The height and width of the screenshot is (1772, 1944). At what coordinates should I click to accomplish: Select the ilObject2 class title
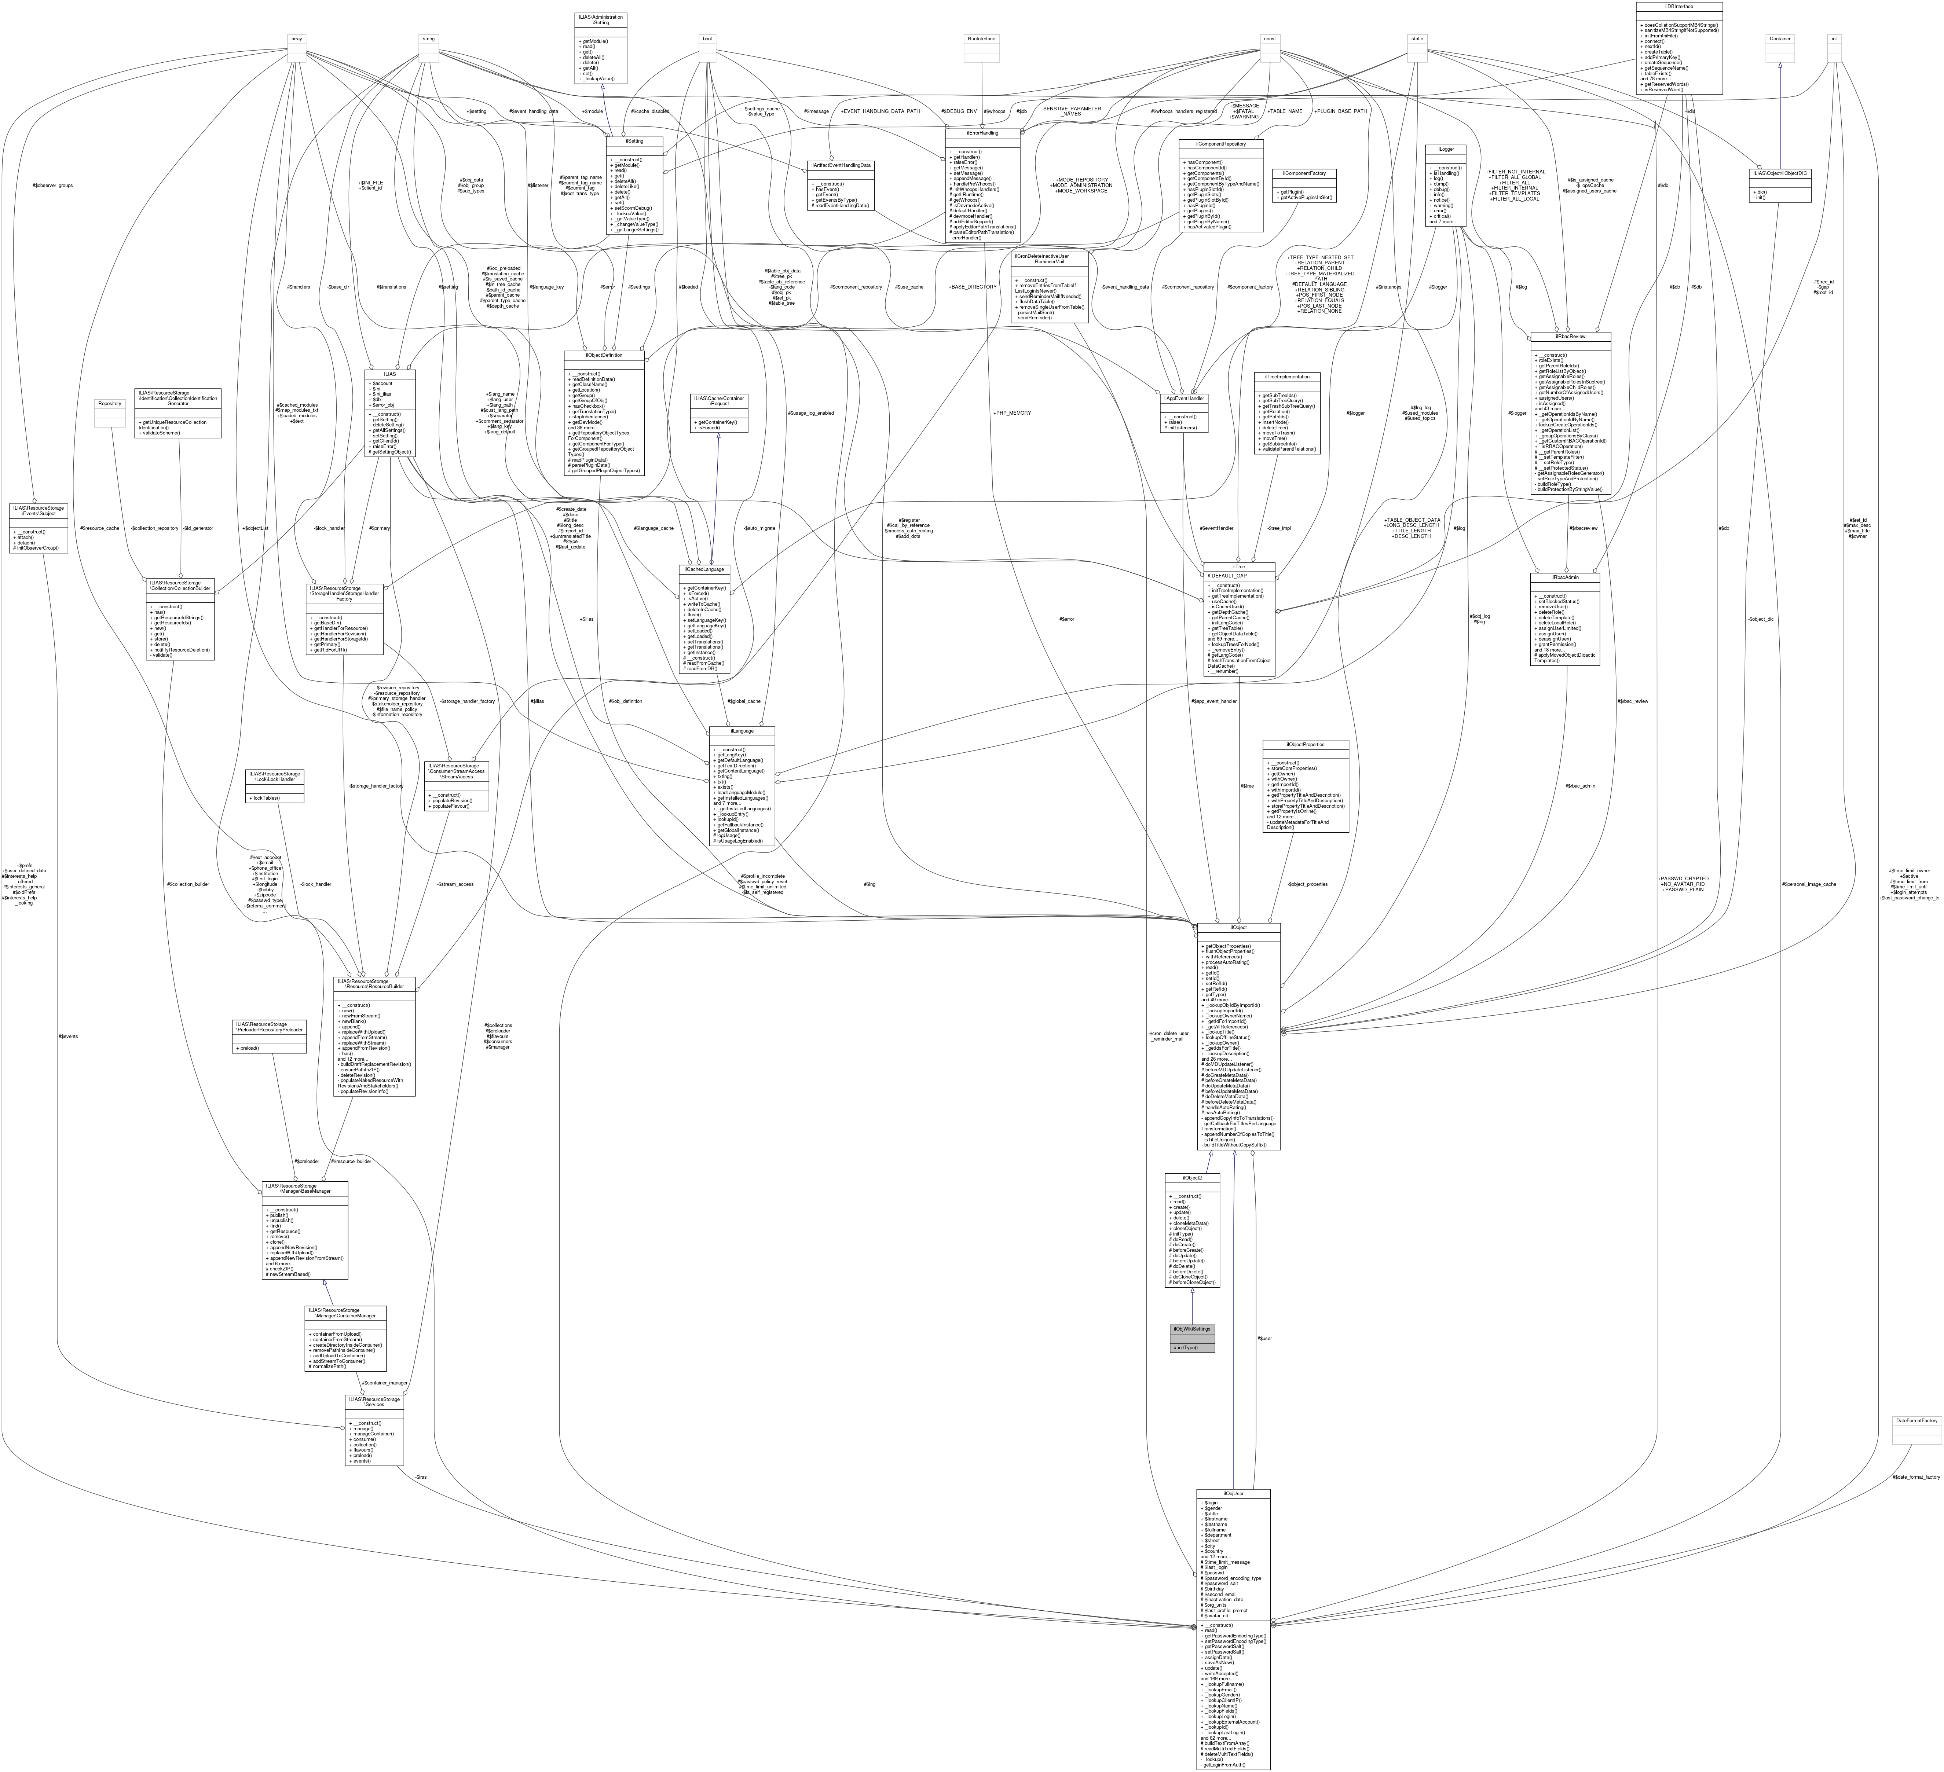[1192, 1178]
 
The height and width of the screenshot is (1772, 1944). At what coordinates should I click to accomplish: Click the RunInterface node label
[981, 38]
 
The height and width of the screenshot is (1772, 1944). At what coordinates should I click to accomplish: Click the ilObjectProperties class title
[1306, 744]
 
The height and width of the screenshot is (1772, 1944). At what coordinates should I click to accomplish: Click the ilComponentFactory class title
[1304, 173]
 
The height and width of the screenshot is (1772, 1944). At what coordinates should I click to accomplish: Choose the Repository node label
[110, 403]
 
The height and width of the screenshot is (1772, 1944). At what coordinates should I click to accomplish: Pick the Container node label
[1779, 38]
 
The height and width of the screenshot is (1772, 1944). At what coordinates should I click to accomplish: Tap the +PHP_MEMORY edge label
[1011, 412]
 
